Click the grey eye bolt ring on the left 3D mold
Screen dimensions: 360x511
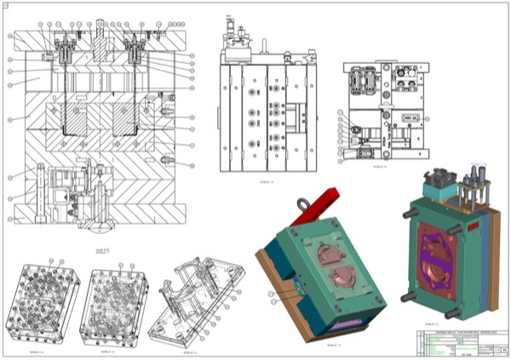click(x=301, y=205)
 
